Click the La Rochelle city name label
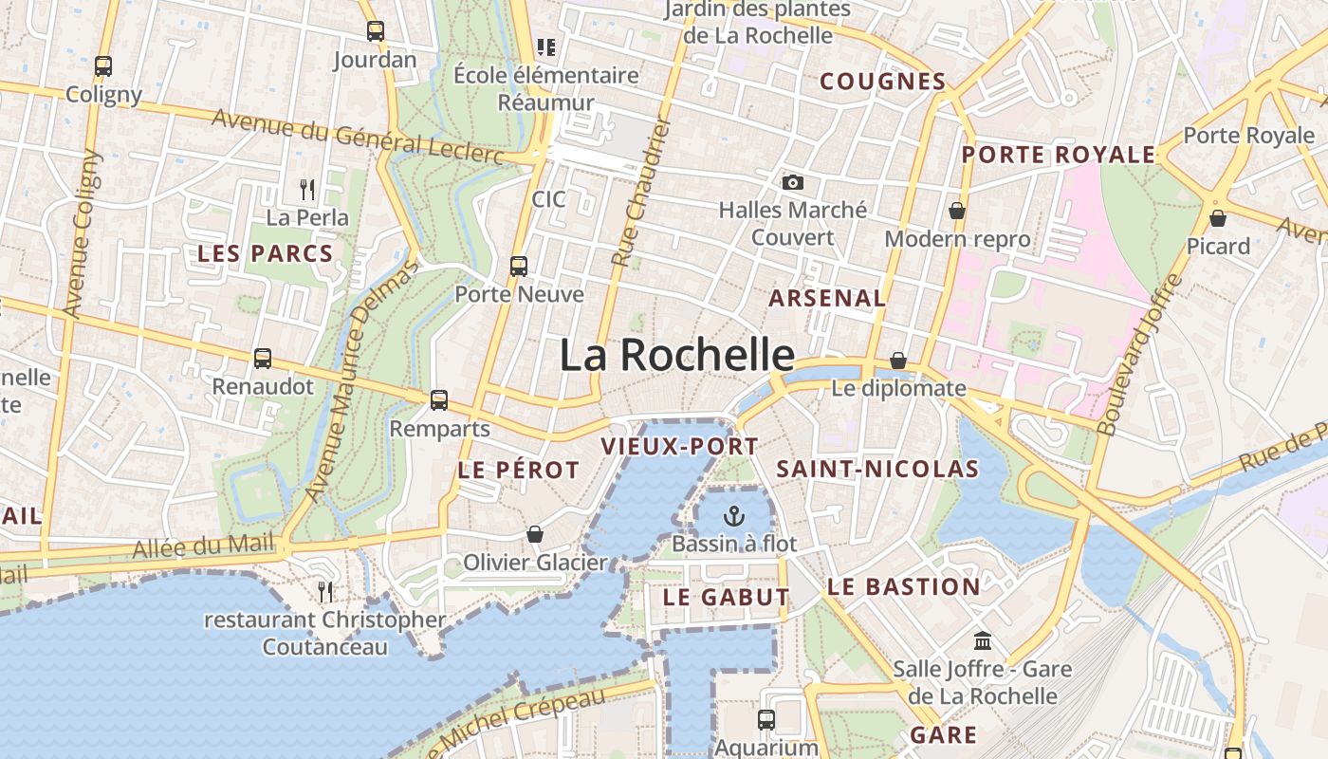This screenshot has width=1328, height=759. pyautogui.click(x=676, y=355)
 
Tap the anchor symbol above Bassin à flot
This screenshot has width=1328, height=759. pyautogui.click(x=733, y=516)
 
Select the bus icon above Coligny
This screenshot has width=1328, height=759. pyautogui.click(x=103, y=66)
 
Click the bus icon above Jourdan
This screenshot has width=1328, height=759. pyautogui.click(x=376, y=31)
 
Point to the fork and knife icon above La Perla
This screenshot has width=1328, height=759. pyautogui.click(x=306, y=190)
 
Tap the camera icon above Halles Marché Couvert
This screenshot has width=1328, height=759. pyautogui.click(x=792, y=182)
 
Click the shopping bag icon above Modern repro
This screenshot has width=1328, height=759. pyautogui.click(x=957, y=210)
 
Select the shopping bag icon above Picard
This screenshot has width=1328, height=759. pyautogui.click(x=1218, y=218)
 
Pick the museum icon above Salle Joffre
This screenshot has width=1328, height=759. pyautogui.click(x=983, y=640)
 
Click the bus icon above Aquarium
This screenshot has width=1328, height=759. pyautogui.click(x=766, y=719)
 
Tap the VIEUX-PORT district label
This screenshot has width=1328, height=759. pyautogui.click(x=680, y=446)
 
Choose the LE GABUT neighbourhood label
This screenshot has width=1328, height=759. pyautogui.click(x=727, y=597)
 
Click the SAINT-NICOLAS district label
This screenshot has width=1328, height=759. pyautogui.click(x=877, y=469)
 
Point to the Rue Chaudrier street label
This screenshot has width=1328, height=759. pyautogui.click(x=641, y=193)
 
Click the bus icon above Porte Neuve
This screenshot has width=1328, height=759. pyautogui.click(x=519, y=266)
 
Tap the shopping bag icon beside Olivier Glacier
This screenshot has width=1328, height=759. pyautogui.click(x=535, y=534)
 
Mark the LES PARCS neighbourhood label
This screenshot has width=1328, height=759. pyautogui.click(x=265, y=253)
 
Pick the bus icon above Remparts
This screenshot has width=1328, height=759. pyautogui.click(x=439, y=400)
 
